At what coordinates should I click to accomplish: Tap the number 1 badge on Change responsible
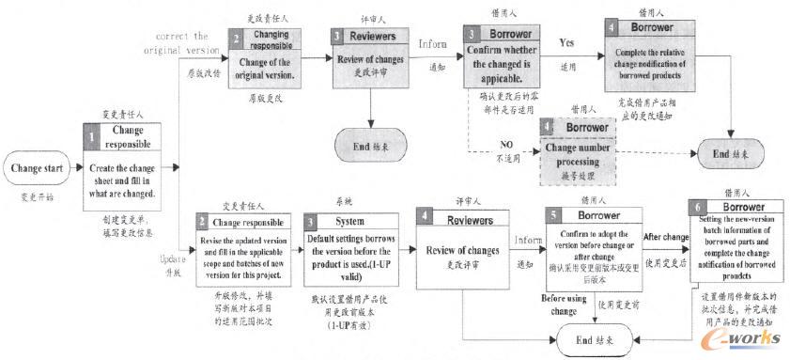point(92,137)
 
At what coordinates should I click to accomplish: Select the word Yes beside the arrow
point(567,43)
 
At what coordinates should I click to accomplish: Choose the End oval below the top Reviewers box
point(371,146)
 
